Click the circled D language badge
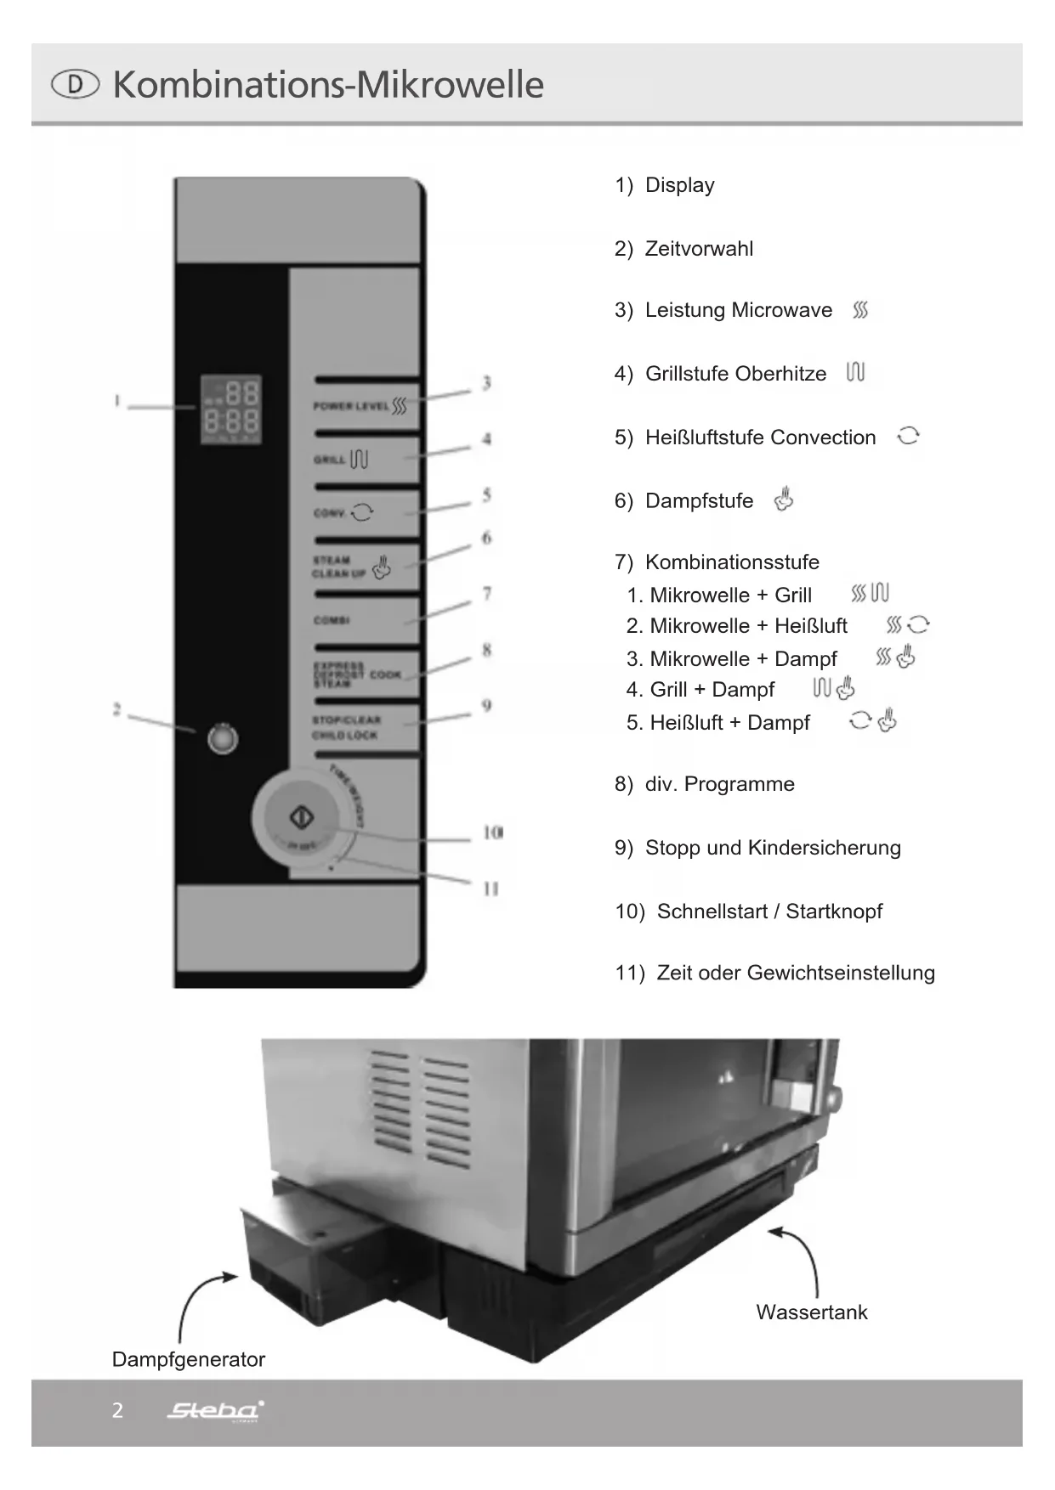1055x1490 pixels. tap(75, 84)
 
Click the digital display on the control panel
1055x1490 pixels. tap(230, 409)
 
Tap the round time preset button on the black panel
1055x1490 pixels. tap(223, 738)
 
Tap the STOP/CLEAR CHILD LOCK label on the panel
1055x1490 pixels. tap(346, 728)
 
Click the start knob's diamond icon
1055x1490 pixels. tap(303, 817)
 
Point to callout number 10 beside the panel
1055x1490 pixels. tap(493, 832)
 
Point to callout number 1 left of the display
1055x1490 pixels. tap(117, 400)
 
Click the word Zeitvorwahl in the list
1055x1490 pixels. tap(699, 249)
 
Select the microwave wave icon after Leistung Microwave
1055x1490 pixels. tap(860, 310)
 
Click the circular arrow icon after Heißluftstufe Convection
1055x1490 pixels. tap(908, 436)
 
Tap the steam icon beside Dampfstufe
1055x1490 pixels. tap(784, 499)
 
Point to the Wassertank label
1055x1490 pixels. tap(811, 1312)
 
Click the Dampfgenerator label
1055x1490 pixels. tap(188, 1360)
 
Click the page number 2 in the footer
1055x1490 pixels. tap(117, 1411)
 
